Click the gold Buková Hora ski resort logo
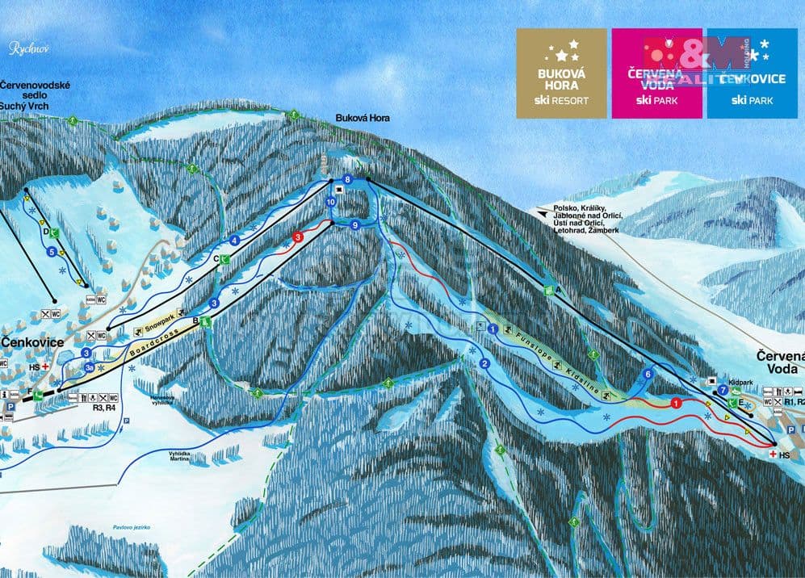click(x=562, y=73)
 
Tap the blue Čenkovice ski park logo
click(x=751, y=73)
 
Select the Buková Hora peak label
click(x=363, y=119)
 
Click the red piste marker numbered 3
click(x=298, y=237)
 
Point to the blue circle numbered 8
click(x=348, y=178)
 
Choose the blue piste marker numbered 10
click(x=331, y=201)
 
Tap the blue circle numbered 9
click(x=354, y=225)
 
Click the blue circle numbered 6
click(x=648, y=374)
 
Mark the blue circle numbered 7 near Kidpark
click(x=723, y=390)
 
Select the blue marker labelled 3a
click(x=89, y=367)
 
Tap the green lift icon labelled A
click(x=549, y=290)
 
